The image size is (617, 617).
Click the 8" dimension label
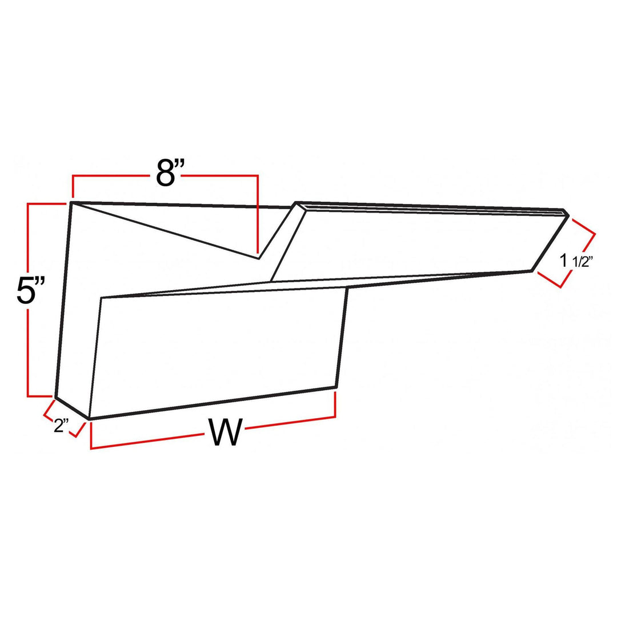pos(165,173)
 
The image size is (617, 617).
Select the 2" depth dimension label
pos(61,426)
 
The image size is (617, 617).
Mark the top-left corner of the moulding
pos(71,202)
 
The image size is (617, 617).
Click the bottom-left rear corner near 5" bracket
pos(55,396)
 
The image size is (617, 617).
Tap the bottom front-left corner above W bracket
pos(90,419)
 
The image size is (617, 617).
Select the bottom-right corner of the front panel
pos(335,387)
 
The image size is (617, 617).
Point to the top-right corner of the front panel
pos(347,287)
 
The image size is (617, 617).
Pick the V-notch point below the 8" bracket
pos(259,258)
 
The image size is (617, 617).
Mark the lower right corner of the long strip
pos(532,270)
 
